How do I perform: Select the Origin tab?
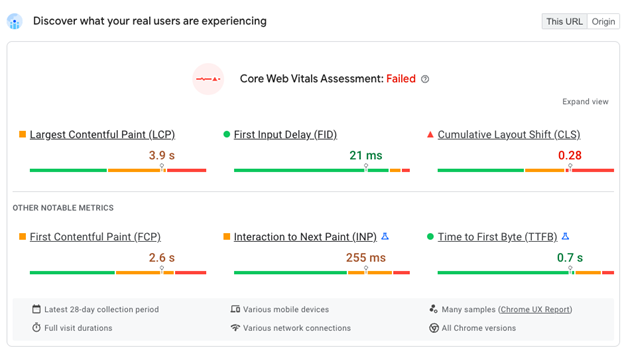point(603,21)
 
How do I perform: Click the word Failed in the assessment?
point(400,79)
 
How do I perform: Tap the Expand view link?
point(585,102)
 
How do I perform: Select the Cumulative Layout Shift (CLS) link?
point(508,134)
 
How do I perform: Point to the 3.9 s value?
point(162,155)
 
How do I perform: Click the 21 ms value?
point(366,155)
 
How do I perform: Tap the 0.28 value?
point(570,155)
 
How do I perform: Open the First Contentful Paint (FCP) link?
point(95,237)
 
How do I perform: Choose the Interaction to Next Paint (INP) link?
point(305,237)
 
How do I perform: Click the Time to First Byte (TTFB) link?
point(497,237)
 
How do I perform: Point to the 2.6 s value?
point(162,258)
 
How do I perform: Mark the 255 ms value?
point(365,258)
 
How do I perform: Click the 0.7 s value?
point(570,258)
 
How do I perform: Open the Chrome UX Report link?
point(535,310)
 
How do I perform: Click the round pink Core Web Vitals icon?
point(208,79)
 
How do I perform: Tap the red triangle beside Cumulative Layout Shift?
point(430,134)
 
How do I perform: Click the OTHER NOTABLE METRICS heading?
point(63,208)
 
